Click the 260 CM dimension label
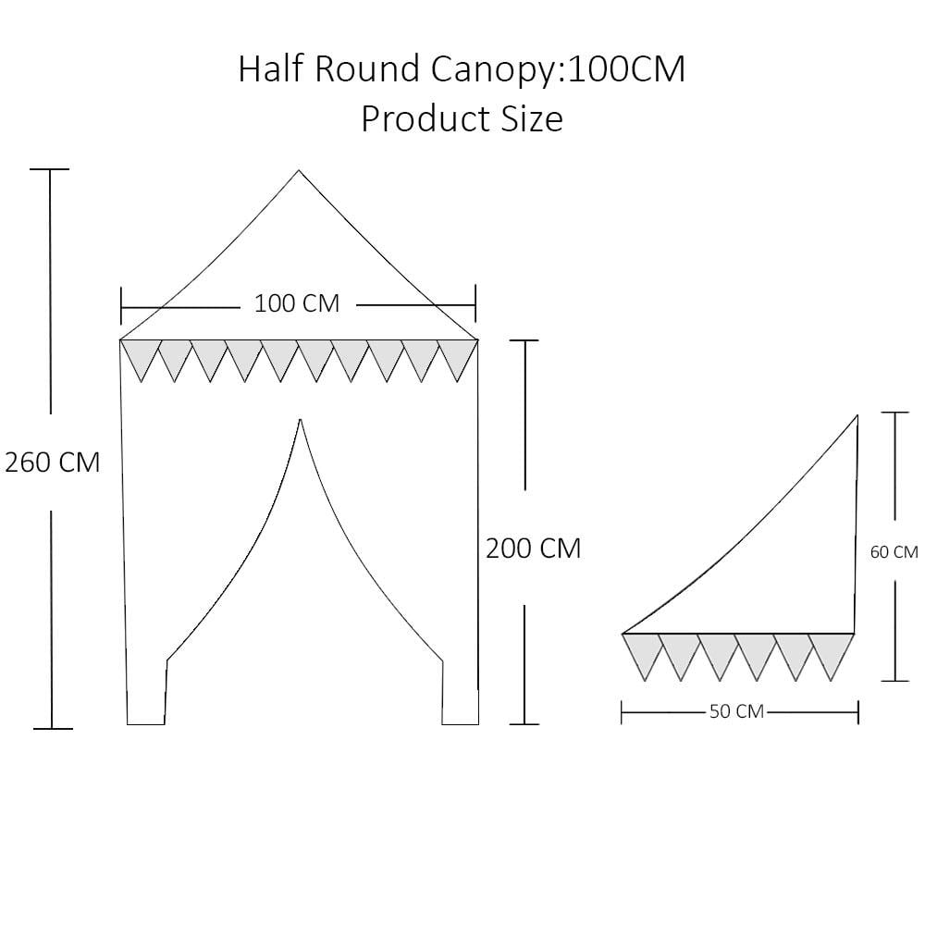point(53,462)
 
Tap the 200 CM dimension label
point(534,549)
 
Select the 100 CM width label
point(297,303)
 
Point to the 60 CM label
point(894,552)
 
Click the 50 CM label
point(736,712)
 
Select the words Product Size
point(462,119)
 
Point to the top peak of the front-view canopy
point(299,171)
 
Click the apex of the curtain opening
point(301,421)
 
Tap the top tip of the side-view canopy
point(857,417)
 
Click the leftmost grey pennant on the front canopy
point(140,356)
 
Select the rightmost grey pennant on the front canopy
point(458,356)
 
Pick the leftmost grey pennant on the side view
point(642,651)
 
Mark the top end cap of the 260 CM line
point(50,169)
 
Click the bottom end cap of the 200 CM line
point(524,723)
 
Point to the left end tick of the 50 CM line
point(622,712)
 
